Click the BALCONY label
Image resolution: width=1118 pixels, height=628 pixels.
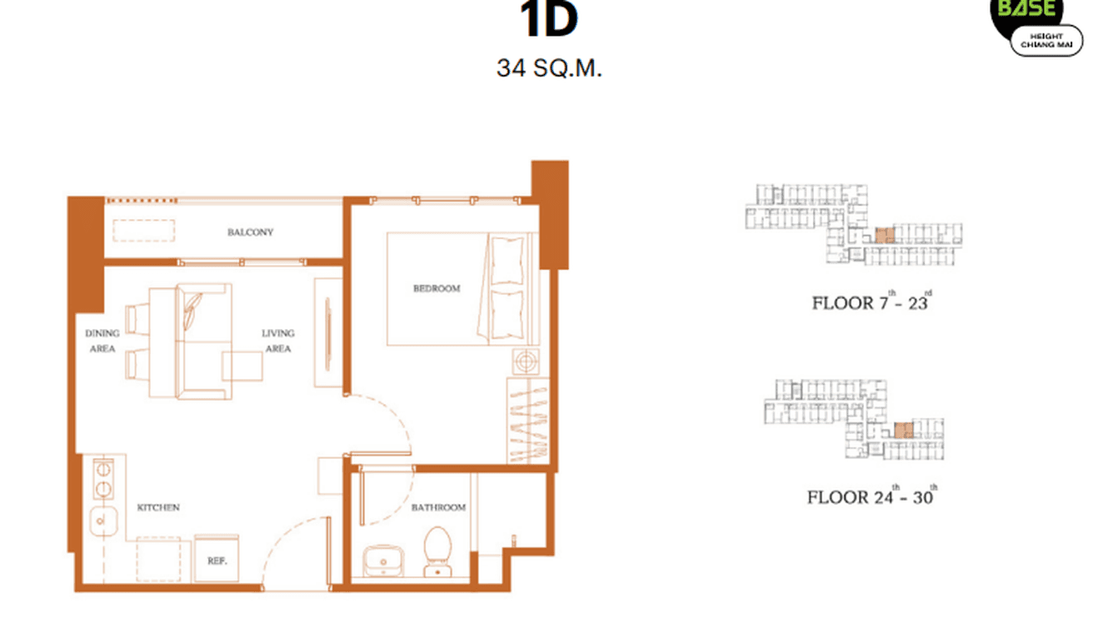250,232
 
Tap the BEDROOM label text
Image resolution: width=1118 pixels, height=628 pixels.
437,289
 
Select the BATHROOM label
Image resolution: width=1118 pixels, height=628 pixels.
438,507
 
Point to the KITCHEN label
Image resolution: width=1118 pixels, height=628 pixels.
158,507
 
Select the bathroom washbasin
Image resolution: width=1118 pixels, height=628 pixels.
383,561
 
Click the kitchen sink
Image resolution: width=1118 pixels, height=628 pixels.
100,523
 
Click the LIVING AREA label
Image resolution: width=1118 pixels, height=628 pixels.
277,341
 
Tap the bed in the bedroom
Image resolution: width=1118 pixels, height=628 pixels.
458,289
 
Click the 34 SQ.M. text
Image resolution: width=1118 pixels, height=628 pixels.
549,68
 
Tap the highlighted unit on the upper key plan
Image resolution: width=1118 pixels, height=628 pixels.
885,235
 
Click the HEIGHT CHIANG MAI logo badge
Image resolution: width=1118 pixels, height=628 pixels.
1046,39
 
